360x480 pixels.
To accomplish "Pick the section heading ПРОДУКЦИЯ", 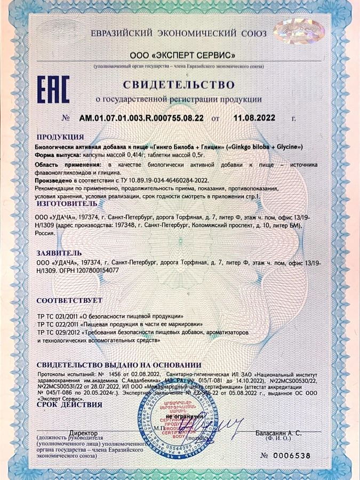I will pyautogui.click(x=61, y=137).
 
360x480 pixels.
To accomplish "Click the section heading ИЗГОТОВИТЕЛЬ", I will pyautogui.click(x=66, y=203).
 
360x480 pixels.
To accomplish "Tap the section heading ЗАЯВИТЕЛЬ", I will pyautogui.click(x=59, y=252).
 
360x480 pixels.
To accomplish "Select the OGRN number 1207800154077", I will pyautogui.click(x=93, y=270).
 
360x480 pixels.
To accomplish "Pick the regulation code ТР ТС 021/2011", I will pyautogui.click(x=58, y=317).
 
